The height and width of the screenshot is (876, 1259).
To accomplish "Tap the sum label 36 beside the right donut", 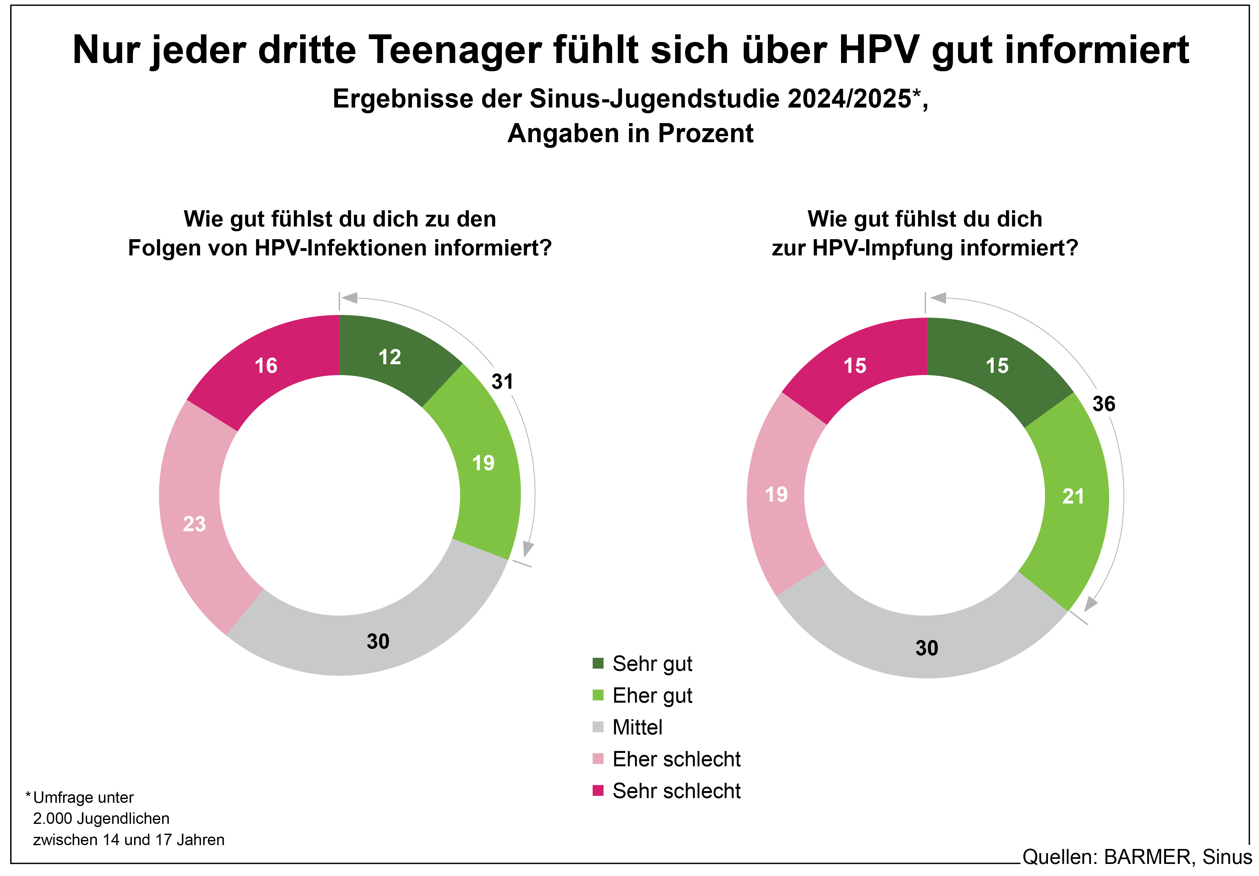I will coord(1103,404).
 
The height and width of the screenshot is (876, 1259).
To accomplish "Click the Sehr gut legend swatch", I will coord(598,664).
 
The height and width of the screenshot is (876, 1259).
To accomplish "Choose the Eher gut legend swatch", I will coord(598,695).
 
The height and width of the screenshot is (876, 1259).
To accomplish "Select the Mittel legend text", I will coord(637,727).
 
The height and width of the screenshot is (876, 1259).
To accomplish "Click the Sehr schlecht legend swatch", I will coord(598,790).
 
